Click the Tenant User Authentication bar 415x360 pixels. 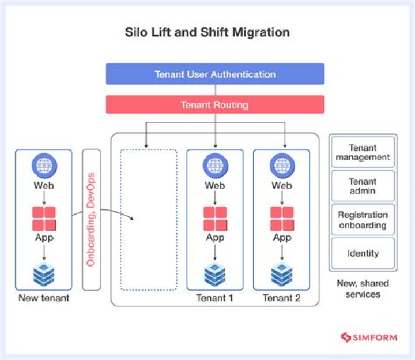(215, 74)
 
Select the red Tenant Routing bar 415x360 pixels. (215, 104)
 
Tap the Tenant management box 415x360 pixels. (363, 152)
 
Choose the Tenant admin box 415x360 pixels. (363, 186)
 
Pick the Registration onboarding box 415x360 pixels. (363, 220)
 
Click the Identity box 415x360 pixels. (363, 253)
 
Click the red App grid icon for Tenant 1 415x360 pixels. (215, 218)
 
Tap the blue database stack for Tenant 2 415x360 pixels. (282, 275)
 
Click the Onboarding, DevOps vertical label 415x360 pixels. (91, 219)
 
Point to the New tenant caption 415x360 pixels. (44, 298)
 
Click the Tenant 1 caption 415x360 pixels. (215, 298)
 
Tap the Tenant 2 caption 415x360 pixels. (282, 298)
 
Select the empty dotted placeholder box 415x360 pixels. (148, 219)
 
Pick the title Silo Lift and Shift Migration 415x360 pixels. (207, 32)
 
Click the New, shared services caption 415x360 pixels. (363, 288)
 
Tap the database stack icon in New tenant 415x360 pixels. (44, 275)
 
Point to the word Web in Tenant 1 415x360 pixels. (215, 186)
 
